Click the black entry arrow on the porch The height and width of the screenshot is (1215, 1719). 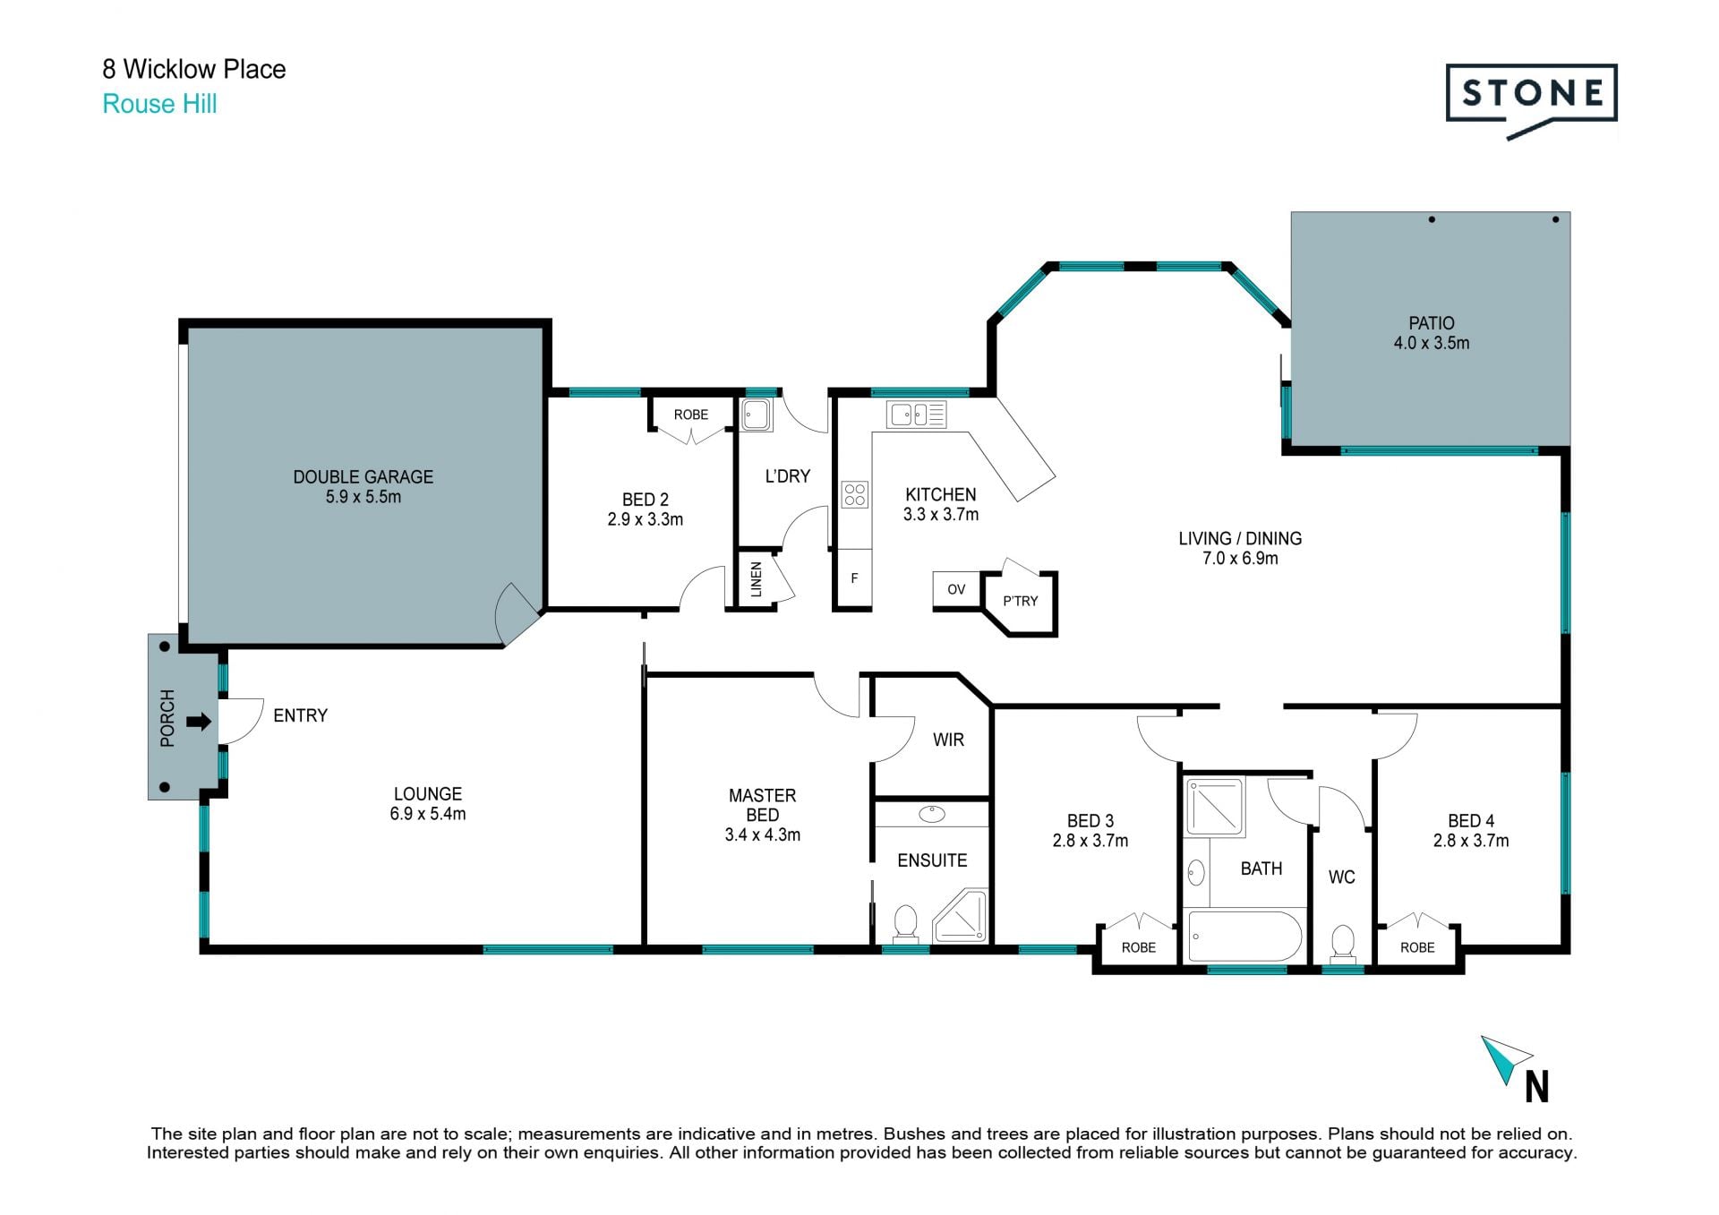pyautogui.click(x=199, y=721)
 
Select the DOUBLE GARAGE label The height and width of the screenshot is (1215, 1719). pyautogui.click(x=363, y=477)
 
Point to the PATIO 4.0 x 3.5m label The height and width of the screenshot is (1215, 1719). pyautogui.click(x=1431, y=333)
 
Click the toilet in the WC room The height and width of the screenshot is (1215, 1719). pyautogui.click(x=1342, y=944)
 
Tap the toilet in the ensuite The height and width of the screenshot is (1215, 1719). pyautogui.click(x=905, y=923)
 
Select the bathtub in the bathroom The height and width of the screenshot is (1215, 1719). pyautogui.click(x=1244, y=936)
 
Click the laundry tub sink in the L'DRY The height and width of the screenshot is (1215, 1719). pyautogui.click(x=757, y=415)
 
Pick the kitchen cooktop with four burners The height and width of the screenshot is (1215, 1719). pyautogui.click(x=854, y=494)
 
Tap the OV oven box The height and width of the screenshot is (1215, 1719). pyautogui.click(x=956, y=590)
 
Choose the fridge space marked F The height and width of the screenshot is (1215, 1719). pyautogui.click(x=854, y=578)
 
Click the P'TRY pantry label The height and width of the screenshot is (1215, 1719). pyautogui.click(x=1020, y=601)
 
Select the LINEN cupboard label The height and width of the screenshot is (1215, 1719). pyautogui.click(x=756, y=579)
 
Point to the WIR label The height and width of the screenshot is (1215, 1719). pyautogui.click(x=948, y=740)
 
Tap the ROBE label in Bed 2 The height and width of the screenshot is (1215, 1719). pyautogui.click(x=690, y=415)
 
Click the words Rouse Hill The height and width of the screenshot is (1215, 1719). pyautogui.click(x=159, y=104)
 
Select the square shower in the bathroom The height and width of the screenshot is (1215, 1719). pyautogui.click(x=1215, y=808)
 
